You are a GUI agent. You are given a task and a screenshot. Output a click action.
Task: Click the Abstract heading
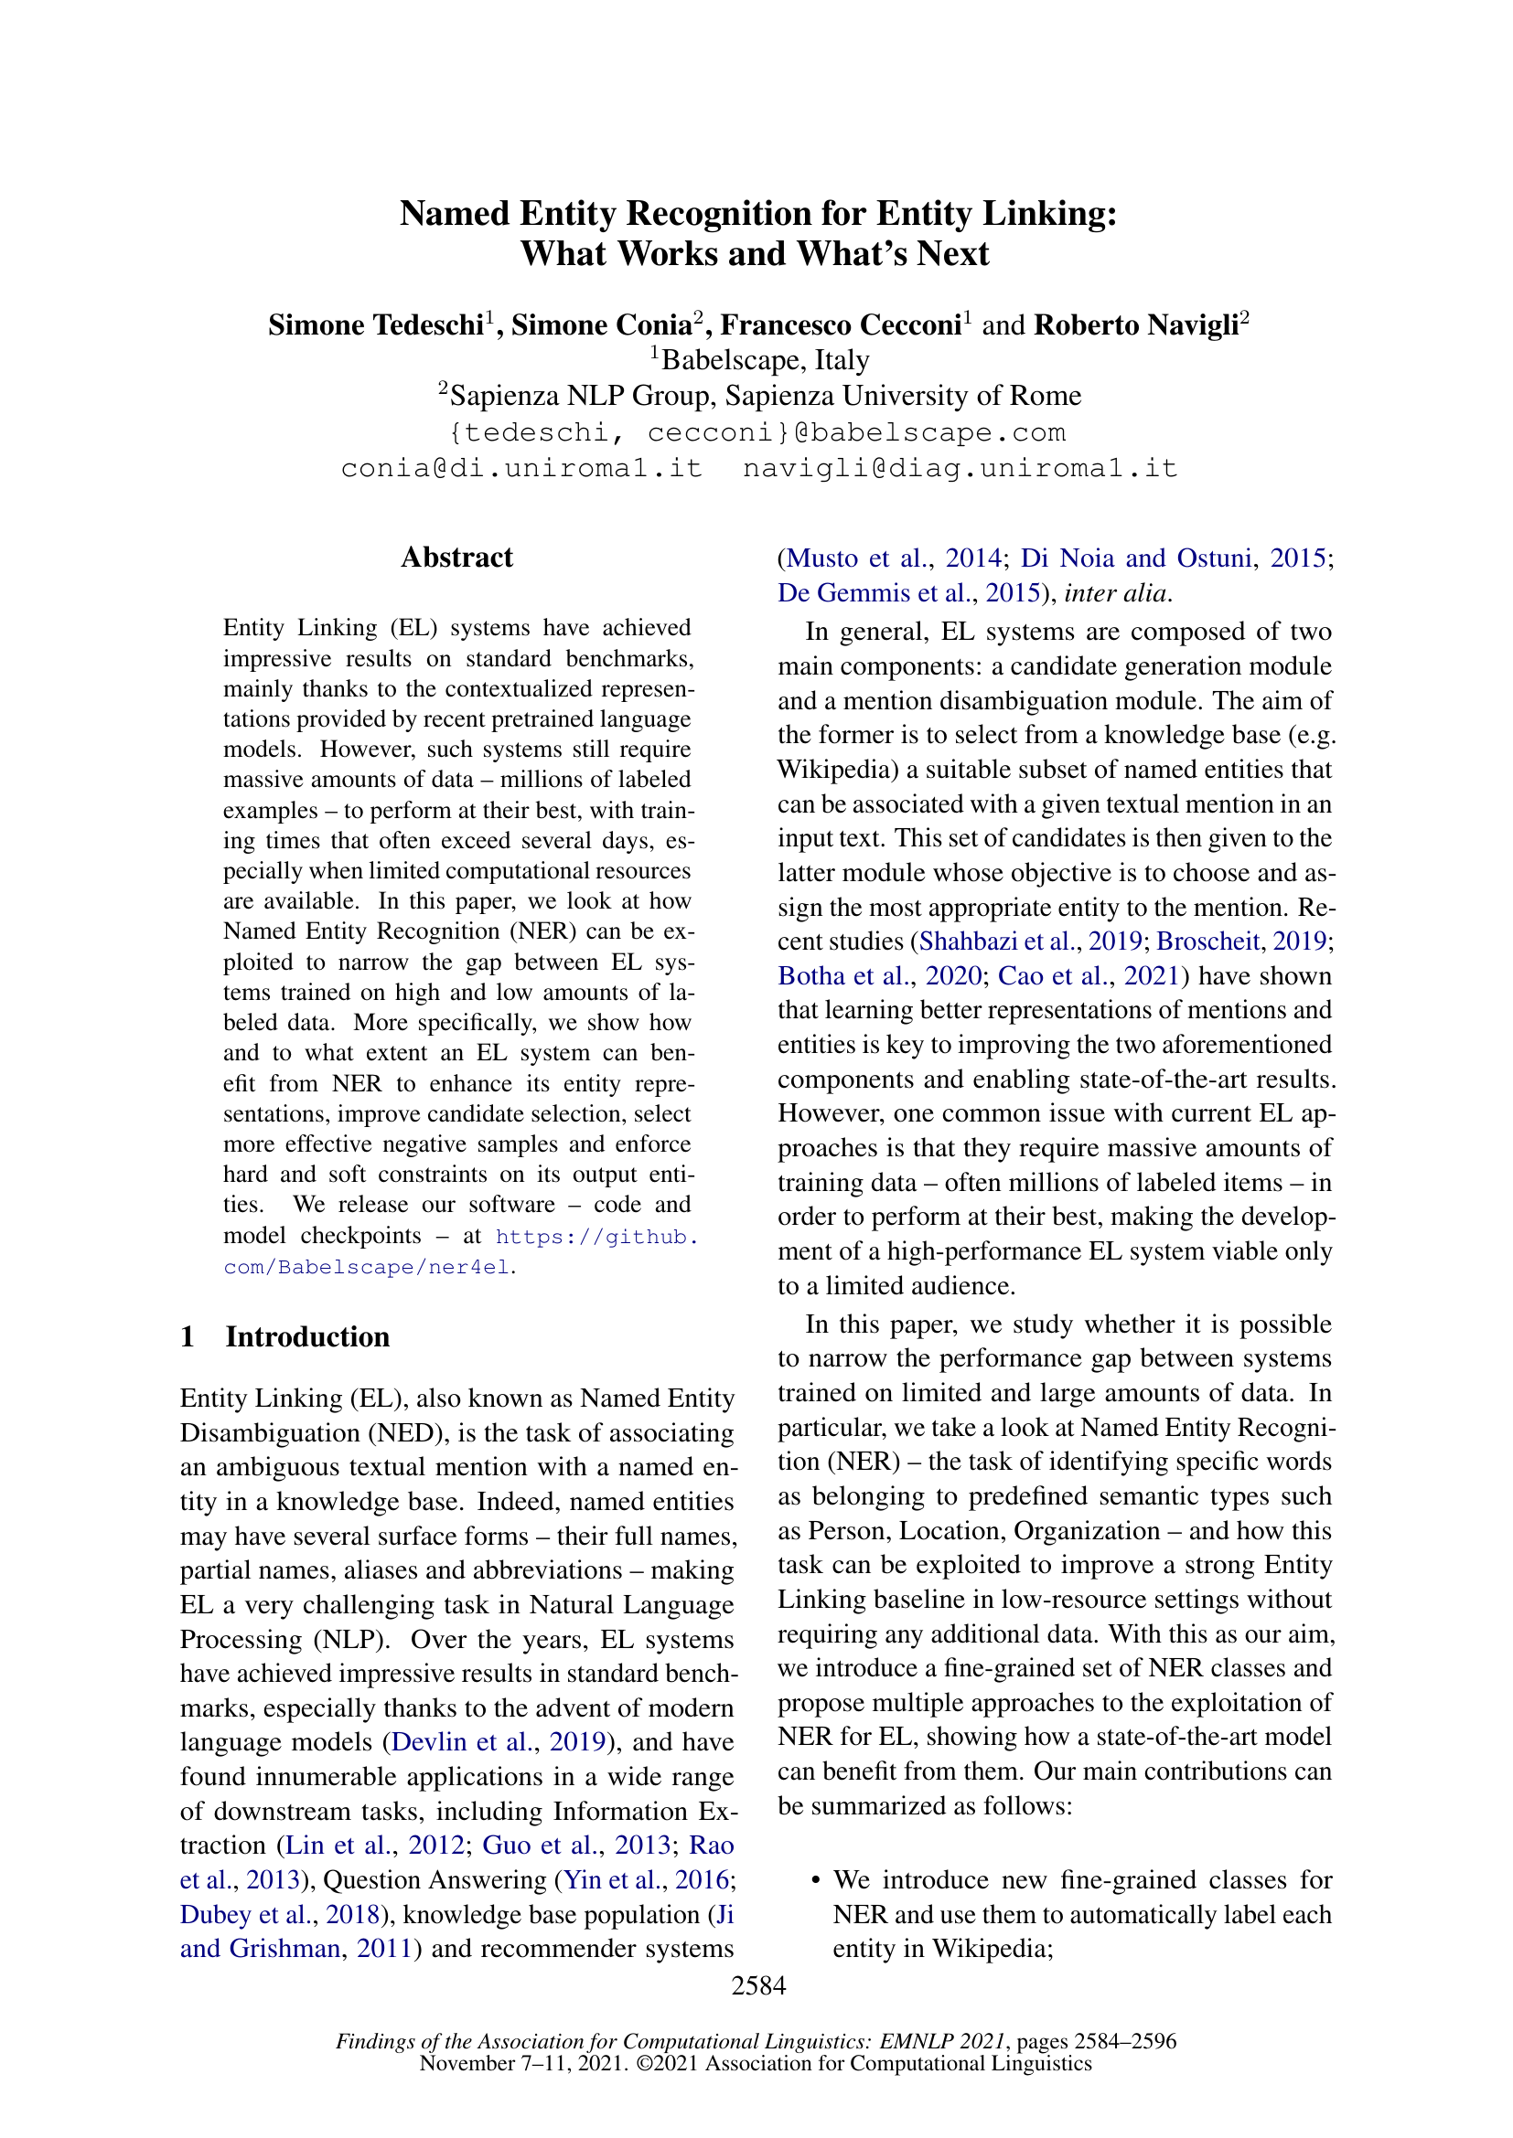(456, 557)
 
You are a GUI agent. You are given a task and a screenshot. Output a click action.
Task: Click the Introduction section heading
(307, 1336)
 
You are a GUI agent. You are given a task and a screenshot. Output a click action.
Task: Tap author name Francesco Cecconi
(841, 325)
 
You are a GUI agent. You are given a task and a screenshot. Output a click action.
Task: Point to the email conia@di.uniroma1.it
(521, 467)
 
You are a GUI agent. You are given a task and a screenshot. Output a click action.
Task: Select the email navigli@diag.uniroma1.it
(960, 467)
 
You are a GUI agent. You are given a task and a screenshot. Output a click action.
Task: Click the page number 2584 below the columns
(758, 1985)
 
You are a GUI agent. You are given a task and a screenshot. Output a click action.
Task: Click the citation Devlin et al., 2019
(498, 1742)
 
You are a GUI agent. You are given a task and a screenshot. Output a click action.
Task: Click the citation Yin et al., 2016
(647, 1880)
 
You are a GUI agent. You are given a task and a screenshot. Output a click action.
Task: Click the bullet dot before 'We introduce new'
(816, 1880)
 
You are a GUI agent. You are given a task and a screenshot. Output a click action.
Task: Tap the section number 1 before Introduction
(188, 1336)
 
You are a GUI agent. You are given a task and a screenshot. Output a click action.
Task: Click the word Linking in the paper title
(1048, 213)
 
